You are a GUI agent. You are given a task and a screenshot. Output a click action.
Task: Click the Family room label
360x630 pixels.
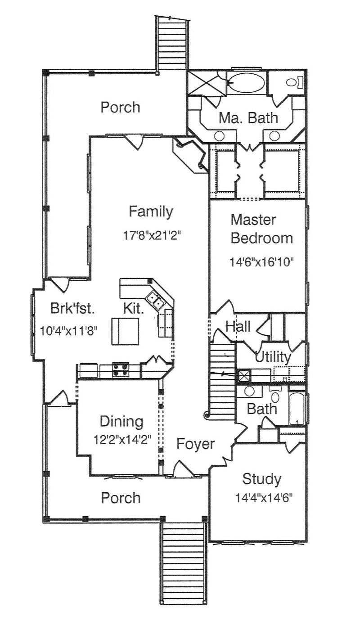150,211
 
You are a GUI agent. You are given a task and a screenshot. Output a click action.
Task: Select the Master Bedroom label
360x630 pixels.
261,229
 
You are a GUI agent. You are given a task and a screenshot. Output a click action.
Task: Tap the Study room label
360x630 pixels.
261,479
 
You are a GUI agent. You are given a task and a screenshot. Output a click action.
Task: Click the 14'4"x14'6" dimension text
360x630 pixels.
264,498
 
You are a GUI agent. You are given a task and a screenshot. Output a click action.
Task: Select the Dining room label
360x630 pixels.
121,422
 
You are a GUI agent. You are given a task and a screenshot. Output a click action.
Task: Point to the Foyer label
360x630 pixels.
195,444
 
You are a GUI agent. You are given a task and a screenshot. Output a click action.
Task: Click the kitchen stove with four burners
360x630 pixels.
120,369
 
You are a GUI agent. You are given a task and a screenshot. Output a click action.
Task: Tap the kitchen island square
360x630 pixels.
125,331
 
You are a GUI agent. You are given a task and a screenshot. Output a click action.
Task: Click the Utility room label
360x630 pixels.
273,357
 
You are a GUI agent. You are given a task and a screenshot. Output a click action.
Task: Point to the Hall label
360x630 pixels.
238,326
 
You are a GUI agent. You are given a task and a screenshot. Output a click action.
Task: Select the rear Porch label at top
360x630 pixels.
120,108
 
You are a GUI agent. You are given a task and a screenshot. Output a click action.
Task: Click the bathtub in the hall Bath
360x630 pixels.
297,408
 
